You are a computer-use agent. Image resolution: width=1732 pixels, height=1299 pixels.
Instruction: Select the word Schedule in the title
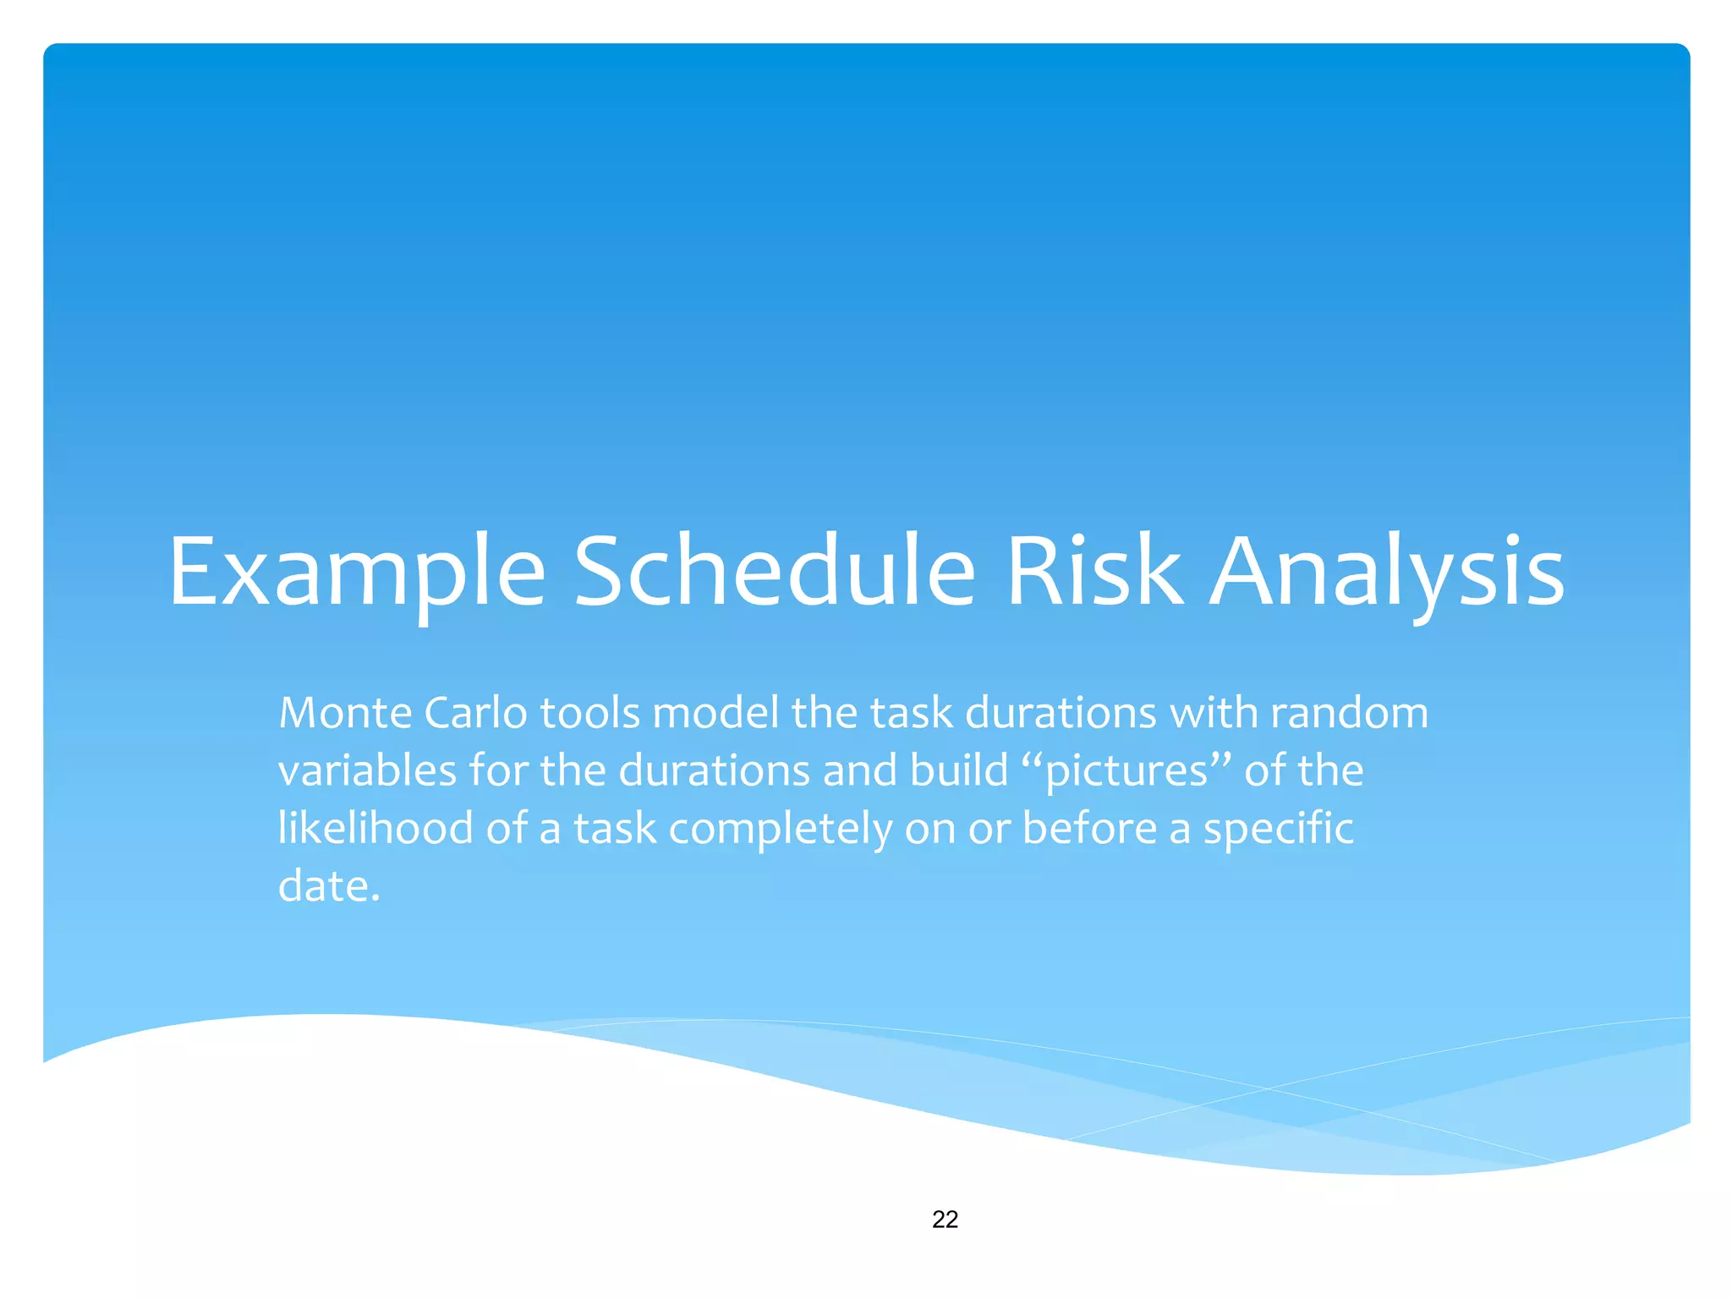pyautogui.click(x=775, y=573)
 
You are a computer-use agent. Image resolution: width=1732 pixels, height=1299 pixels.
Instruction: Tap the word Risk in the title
pyautogui.click(x=1095, y=573)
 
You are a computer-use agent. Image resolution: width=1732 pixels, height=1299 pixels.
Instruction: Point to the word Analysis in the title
pyautogui.click(x=1387, y=573)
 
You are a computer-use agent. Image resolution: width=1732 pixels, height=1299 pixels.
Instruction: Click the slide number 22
pyautogui.click(x=945, y=1219)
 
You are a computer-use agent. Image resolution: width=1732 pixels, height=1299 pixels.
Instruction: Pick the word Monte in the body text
pyautogui.click(x=345, y=713)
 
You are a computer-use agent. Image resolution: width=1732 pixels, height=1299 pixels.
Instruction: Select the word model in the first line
pyautogui.click(x=715, y=713)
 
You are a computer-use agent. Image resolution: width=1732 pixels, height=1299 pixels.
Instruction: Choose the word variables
pyautogui.click(x=367, y=771)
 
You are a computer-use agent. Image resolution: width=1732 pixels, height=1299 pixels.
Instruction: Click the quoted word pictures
pyautogui.click(x=1126, y=771)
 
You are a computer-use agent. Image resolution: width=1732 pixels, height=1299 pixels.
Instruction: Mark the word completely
pyautogui.click(x=780, y=828)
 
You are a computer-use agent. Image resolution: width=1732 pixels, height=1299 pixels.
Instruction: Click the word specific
pyautogui.click(x=1278, y=828)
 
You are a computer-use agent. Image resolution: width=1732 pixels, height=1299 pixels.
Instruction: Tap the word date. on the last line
pyautogui.click(x=329, y=886)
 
